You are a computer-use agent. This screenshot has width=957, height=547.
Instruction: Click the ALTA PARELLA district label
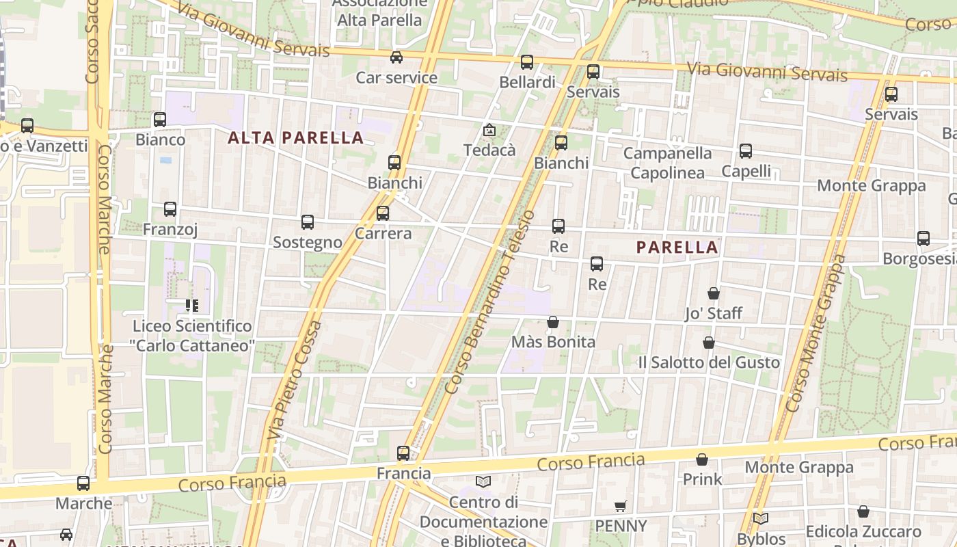[x=295, y=138]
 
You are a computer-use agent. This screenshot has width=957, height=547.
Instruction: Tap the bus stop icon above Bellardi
[x=526, y=62]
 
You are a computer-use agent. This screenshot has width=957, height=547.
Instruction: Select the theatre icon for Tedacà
[x=489, y=130]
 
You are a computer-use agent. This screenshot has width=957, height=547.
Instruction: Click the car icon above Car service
[x=396, y=57]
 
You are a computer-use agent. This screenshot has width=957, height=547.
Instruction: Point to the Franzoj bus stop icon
[x=170, y=209]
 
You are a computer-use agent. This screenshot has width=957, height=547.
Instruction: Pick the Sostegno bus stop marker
[x=308, y=222]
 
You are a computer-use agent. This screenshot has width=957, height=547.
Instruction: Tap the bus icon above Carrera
[x=383, y=213]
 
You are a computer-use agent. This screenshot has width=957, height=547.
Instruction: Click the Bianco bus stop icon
[x=160, y=120]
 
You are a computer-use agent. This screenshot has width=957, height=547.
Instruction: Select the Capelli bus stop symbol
[x=746, y=151]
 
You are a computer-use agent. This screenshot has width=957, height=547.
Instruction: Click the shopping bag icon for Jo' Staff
[x=714, y=293]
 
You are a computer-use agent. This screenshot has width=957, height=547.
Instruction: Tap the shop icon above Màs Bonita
[x=553, y=321]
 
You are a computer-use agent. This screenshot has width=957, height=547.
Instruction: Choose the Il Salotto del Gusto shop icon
[x=709, y=342]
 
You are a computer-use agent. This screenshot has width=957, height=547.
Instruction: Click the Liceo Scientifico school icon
[x=192, y=305]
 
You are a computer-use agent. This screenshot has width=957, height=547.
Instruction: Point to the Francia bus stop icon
[x=403, y=453]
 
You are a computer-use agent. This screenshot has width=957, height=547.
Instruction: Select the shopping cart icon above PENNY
[x=620, y=506]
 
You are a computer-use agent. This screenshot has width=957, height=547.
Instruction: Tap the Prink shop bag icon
[x=702, y=459]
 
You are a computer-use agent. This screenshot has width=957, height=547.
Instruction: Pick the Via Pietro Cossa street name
[x=295, y=379]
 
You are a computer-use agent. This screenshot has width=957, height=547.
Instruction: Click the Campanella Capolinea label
[x=667, y=163]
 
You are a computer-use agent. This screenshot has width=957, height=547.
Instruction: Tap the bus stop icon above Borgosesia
[x=924, y=239]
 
